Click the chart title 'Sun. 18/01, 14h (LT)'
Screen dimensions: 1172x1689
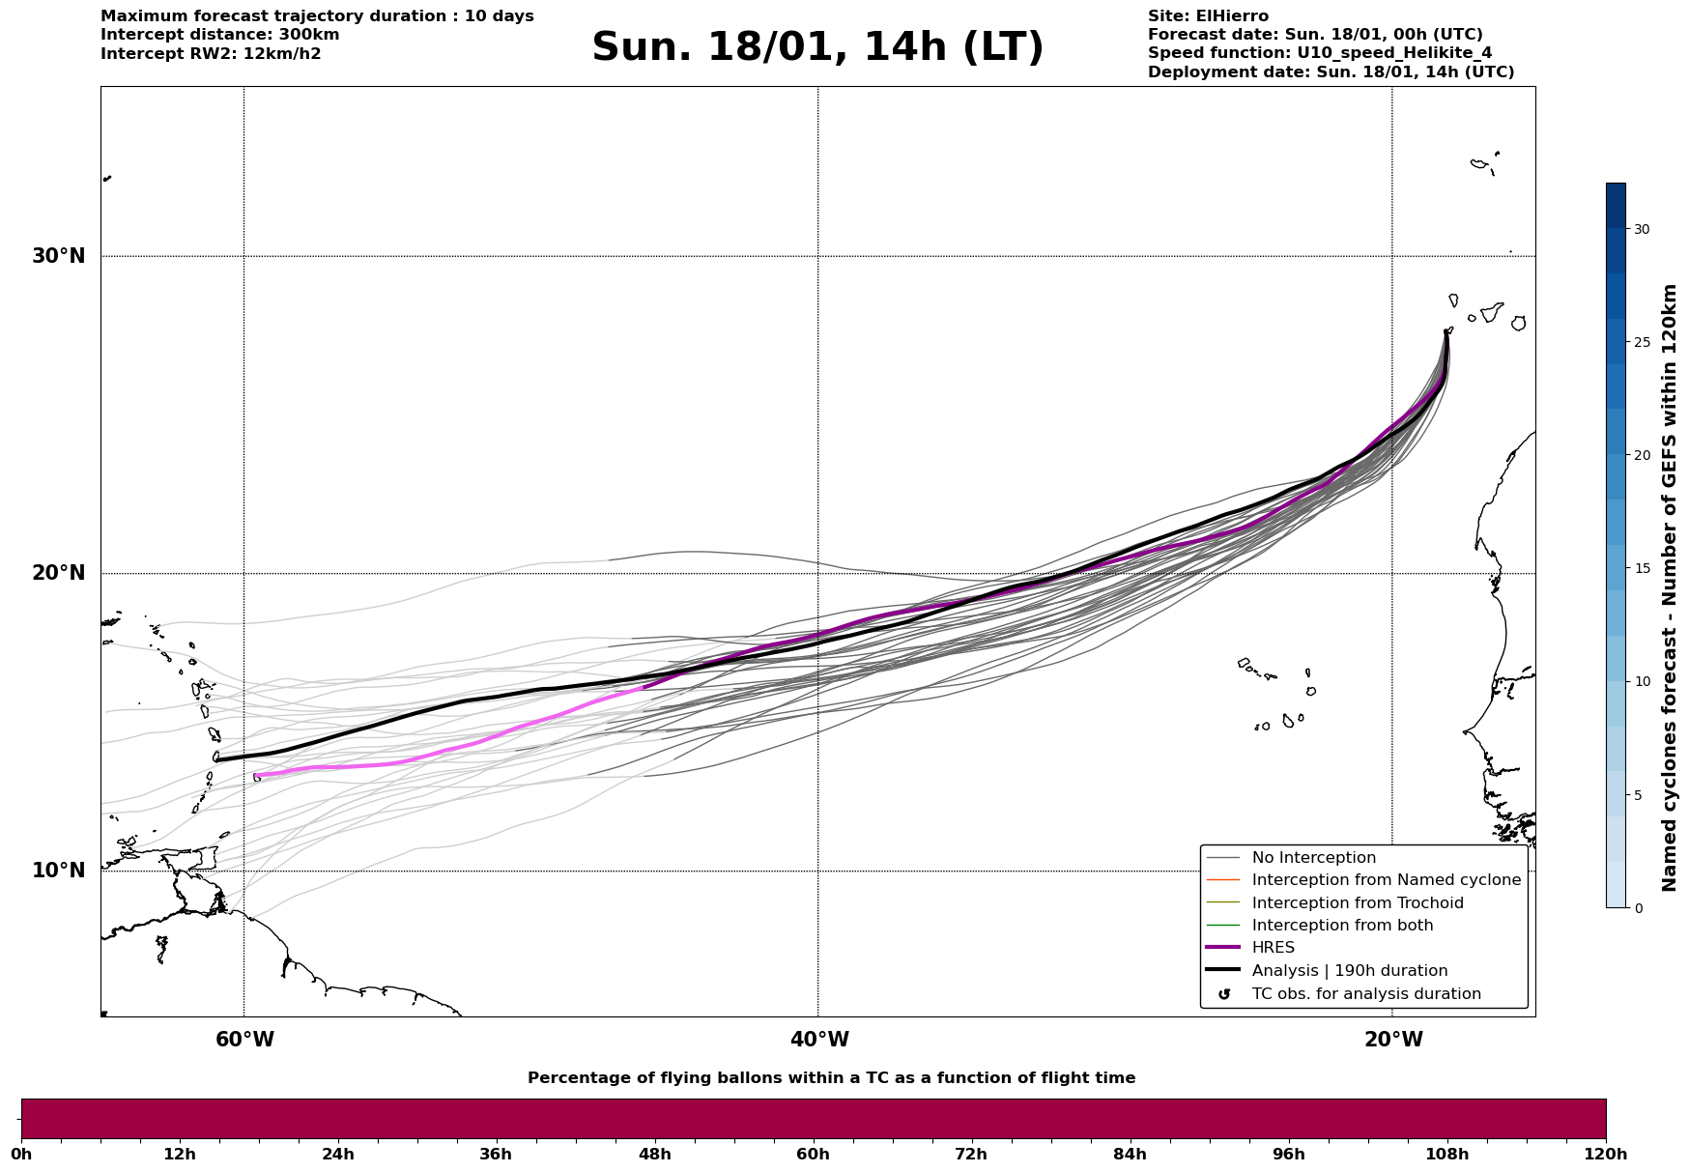(817, 47)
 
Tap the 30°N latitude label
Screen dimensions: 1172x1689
(58, 256)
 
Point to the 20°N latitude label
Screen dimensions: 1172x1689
(58, 573)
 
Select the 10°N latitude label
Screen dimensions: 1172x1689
(58, 871)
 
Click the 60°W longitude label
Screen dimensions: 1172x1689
(244, 1040)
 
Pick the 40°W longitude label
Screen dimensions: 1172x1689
(818, 1040)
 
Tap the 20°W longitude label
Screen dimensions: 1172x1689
(1392, 1040)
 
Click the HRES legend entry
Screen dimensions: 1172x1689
(1273, 948)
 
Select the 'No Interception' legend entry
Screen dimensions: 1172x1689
(1313, 858)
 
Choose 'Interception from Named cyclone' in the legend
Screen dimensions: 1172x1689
(1386, 880)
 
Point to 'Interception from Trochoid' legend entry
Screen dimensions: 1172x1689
(1357, 903)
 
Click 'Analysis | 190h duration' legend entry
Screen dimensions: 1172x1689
(1349, 971)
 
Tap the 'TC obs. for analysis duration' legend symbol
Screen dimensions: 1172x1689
(1224, 994)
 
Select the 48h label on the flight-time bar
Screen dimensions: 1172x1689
(654, 1154)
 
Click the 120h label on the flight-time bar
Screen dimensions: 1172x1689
(1606, 1154)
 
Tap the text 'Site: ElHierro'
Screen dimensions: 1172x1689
(1208, 16)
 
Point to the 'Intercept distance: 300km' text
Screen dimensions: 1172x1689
(219, 35)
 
